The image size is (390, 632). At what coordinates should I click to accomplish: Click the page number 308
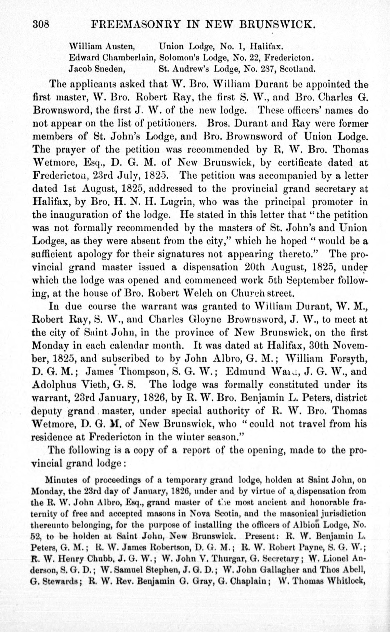tap(41, 25)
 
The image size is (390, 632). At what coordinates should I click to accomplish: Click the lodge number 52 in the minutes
tap(35, 536)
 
